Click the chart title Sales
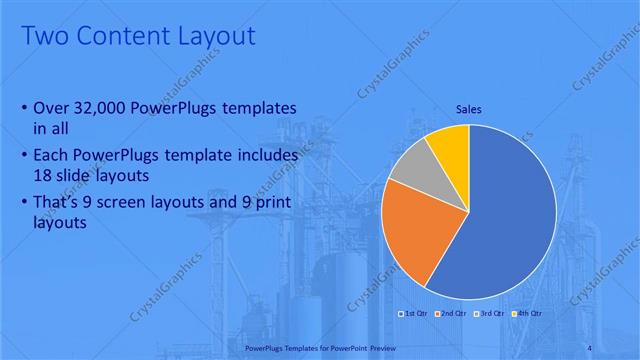click(468, 109)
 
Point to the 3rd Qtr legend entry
click(490, 314)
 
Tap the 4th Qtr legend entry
click(527, 314)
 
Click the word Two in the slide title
click(41, 37)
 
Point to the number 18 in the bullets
click(44, 174)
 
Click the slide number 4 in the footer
click(617, 348)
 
